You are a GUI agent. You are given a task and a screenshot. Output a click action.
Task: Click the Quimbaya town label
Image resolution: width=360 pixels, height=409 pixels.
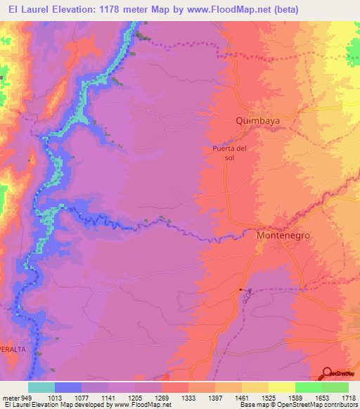click(257, 121)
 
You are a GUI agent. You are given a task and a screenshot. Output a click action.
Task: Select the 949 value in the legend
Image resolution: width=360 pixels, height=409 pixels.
click(27, 397)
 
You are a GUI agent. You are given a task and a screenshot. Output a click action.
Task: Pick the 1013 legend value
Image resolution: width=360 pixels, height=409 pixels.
click(56, 397)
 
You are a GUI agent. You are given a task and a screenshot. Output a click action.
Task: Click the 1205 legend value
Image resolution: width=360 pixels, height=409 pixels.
click(135, 397)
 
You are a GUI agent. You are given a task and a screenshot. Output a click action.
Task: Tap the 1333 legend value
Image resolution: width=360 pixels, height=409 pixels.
click(188, 397)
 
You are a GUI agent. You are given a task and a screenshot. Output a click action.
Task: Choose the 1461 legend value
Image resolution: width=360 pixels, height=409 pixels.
click(241, 397)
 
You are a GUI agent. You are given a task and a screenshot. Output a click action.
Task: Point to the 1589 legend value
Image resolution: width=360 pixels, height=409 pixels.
click(295, 397)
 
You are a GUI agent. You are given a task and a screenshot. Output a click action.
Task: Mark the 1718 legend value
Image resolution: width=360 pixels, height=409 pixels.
click(347, 397)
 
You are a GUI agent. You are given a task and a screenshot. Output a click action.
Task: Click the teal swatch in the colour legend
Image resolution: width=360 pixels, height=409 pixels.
click(41, 387)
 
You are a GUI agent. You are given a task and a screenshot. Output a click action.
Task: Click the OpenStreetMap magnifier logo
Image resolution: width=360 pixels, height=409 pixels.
click(328, 373)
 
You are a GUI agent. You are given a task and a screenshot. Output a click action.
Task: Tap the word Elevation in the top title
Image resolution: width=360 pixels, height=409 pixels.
click(74, 10)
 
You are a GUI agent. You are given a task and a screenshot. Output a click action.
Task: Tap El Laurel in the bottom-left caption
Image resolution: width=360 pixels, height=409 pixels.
click(18, 405)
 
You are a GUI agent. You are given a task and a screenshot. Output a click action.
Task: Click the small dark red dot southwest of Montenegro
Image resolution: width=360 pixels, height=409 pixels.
click(240, 290)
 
